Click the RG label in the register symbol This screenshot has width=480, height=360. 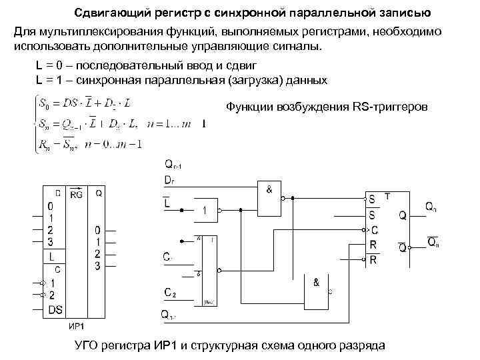click(76, 195)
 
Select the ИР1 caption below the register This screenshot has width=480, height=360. click(76, 327)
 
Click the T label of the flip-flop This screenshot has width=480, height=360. click(387, 195)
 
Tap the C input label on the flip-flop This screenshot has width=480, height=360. click(373, 229)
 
